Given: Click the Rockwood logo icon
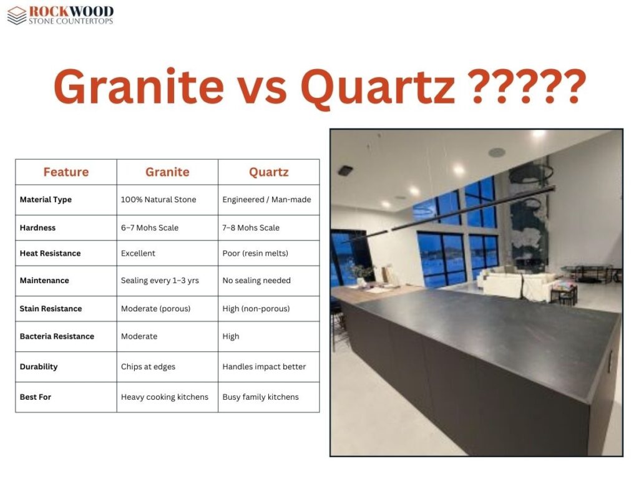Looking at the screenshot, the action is click(17, 16).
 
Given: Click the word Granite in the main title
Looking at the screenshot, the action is click(139, 86).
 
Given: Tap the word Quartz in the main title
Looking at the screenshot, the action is click(378, 88).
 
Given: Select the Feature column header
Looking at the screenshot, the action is click(66, 172).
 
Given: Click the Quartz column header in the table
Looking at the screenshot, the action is click(269, 172).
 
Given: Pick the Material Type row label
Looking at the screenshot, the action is click(46, 200).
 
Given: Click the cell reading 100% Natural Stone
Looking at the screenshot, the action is click(159, 200).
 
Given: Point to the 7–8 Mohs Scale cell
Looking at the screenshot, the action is click(251, 228).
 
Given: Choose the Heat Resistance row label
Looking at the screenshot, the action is click(50, 253).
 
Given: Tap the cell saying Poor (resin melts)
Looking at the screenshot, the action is click(255, 253).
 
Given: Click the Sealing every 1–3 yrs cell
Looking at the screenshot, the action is click(160, 281).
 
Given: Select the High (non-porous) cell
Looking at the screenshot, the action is click(256, 309).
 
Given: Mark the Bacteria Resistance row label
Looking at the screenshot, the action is click(57, 336).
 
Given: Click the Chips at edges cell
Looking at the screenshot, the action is click(148, 367).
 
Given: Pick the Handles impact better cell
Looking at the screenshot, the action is click(264, 367).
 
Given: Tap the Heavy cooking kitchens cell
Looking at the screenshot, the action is click(165, 397).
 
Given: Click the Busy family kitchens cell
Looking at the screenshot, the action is click(260, 397).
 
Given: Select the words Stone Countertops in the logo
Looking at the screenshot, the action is click(71, 21).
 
